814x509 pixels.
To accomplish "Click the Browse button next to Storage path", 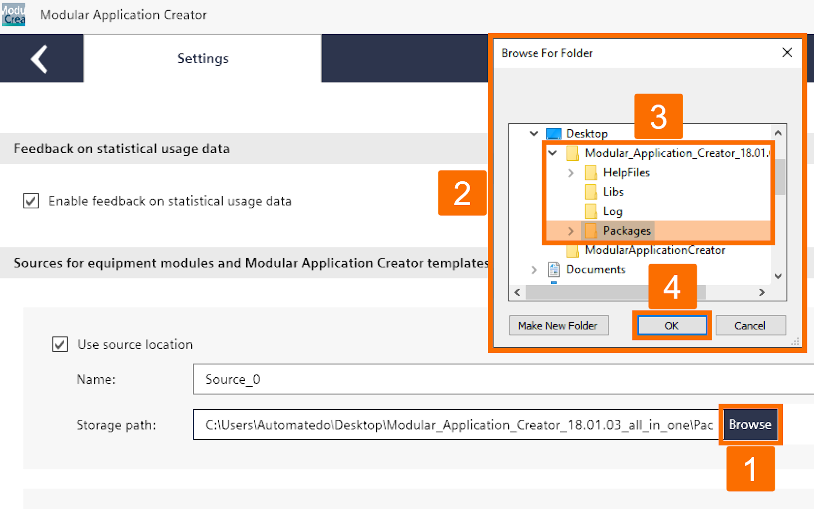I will [750, 425].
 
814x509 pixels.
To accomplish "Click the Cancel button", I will [750, 326].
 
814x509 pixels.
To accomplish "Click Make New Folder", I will [558, 326].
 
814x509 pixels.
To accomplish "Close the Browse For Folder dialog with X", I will [787, 52].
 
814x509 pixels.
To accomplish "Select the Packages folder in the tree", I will [626, 231].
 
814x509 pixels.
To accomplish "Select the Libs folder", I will [613, 192].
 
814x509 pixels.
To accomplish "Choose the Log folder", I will [613, 211].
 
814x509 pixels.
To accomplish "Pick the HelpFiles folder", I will [626, 173].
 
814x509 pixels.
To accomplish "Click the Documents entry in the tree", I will [595, 270].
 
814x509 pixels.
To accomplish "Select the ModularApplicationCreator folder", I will [654, 250].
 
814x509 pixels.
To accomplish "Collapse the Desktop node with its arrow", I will [534, 133].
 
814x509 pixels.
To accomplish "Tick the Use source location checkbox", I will [60, 345].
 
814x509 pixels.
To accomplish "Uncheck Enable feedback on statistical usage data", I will [31, 201].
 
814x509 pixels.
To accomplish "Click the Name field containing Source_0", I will [458, 379].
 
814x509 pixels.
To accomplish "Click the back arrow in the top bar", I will [40, 59].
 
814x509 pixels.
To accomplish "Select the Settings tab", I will [202, 59].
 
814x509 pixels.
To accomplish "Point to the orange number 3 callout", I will [658, 117].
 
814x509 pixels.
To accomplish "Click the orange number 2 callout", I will [462, 193].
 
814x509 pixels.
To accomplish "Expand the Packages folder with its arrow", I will [571, 231].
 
